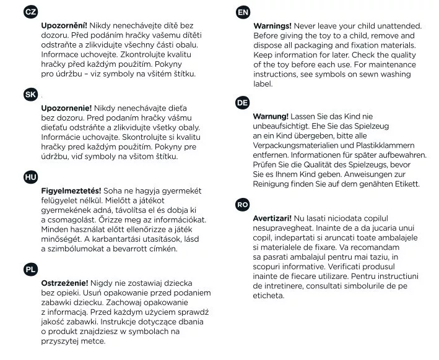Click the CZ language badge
click(30, 12)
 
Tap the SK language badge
click(30, 95)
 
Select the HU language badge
click(30, 177)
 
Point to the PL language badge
click(30, 269)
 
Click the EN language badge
click(243, 12)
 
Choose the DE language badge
click(243, 103)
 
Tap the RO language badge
click(243, 205)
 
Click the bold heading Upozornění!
click(64, 25)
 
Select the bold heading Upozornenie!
click(66, 108)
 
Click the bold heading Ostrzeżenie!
click(64, 283)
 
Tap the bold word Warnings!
click(272, 26)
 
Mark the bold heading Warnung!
click(271, 116)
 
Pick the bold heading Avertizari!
click(272, 218)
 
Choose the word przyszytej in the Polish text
click(60, 341)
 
